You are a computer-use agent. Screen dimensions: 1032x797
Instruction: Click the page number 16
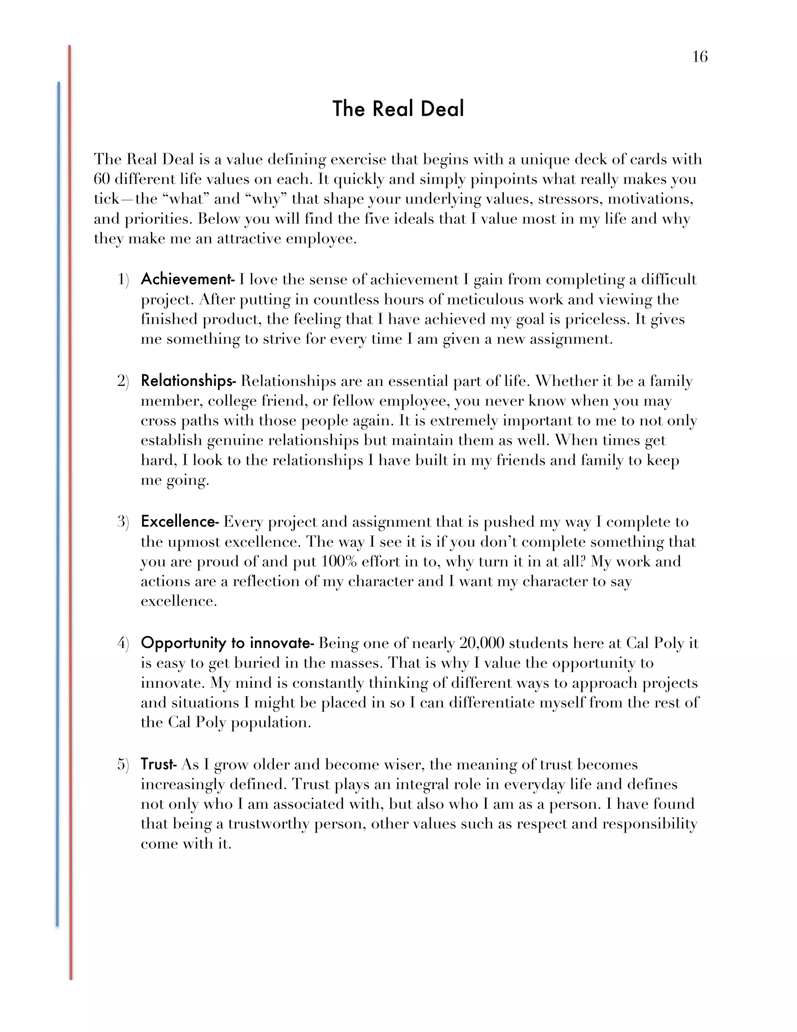[x=700, y=57]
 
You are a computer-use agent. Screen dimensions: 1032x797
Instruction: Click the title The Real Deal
[x=398, y=109]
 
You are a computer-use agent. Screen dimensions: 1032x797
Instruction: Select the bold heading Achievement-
[x=188, y=279]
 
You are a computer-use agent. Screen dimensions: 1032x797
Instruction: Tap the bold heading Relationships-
[x=188, y=381]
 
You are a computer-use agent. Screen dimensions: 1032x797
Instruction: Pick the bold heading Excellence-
[x=179, y=522]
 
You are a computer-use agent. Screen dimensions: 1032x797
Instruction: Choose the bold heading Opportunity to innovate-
[x=227, y=643]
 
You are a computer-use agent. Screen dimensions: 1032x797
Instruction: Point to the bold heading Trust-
[x=159, y=764]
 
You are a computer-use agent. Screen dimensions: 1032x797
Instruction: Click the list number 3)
[x=123, y=522]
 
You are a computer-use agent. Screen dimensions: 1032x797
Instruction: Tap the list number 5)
[x=123, y=765]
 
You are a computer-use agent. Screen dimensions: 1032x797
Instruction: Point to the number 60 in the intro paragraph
[x=102, y=179]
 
